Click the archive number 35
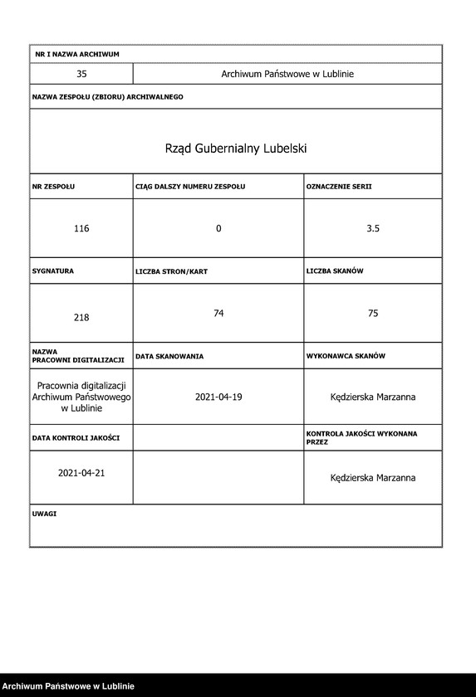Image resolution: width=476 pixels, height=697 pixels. (81, 74)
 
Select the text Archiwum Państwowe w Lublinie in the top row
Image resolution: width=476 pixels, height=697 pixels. (287, 74)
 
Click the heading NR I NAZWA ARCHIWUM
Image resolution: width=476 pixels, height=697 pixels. (77, 54)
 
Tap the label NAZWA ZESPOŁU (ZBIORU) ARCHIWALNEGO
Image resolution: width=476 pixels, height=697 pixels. (108, 97)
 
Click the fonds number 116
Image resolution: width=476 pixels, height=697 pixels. (81, 228)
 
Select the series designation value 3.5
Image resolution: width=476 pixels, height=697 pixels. (373, 228)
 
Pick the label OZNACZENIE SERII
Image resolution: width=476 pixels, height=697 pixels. (339, 187)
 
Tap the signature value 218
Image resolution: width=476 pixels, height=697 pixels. (81, 317)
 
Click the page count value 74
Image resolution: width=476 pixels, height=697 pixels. (218, 313)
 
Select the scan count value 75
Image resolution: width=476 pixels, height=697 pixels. (373, 313)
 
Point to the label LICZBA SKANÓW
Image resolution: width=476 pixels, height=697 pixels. (335, 271)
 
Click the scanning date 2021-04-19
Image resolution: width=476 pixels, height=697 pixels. (218, 397)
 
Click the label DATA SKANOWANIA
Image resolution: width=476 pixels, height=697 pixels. (169, 356)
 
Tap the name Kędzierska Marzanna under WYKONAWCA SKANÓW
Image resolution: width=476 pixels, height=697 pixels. (372, 397)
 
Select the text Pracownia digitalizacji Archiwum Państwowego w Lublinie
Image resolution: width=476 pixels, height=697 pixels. (81, 397)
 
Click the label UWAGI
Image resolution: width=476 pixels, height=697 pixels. (45, 514)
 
